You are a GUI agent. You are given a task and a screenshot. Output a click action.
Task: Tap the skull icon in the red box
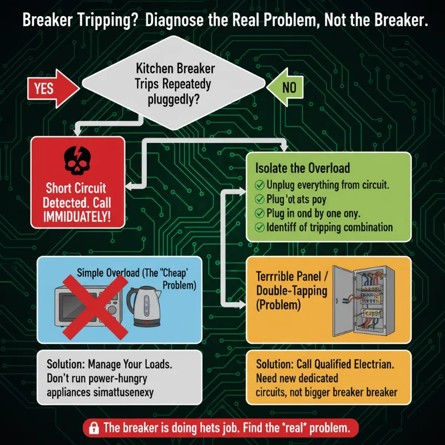click(x=78, y=160)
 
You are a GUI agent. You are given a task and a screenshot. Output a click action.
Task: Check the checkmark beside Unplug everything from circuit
click(x=259, y=185)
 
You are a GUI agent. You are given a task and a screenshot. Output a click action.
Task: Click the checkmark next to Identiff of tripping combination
click(x=259, y=227)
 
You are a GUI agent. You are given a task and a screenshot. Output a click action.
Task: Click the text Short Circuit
click(x=78, y=189)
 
